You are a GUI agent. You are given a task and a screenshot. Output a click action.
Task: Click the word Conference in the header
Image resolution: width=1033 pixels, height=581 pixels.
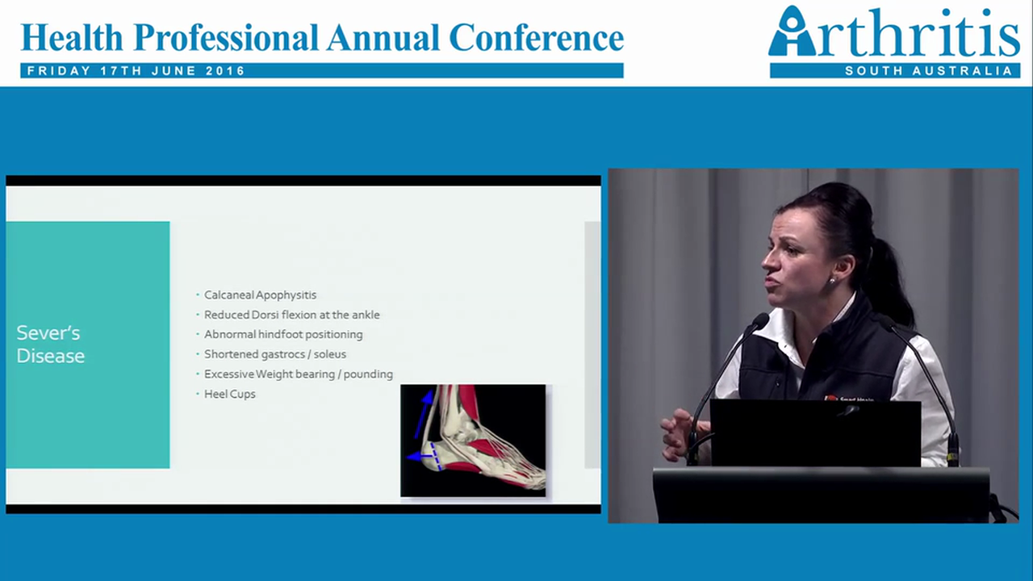point(536,37)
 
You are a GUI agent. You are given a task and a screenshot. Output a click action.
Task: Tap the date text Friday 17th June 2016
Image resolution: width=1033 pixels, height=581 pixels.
point(136,71)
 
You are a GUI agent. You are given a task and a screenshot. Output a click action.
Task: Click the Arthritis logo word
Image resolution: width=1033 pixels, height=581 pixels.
point(894,34)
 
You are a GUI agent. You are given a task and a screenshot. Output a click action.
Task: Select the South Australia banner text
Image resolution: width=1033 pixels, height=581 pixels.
point(928,71)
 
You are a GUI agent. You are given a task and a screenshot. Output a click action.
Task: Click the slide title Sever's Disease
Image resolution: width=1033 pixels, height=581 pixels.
point(50,345)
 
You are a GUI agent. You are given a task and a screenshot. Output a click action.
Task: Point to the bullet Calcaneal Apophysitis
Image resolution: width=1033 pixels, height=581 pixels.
point(260,295)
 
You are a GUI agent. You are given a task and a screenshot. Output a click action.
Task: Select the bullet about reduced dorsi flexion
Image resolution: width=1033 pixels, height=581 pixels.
point(291,315)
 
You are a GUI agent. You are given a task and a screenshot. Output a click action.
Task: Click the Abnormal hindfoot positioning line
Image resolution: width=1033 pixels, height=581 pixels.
point(283,334)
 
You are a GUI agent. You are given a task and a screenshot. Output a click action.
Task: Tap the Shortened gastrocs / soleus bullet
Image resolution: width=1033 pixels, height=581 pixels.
point(274,354)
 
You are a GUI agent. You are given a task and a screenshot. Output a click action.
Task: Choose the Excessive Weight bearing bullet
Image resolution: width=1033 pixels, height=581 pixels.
point(298,374)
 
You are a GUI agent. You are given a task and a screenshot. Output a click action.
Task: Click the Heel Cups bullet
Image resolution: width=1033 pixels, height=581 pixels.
point(229,394)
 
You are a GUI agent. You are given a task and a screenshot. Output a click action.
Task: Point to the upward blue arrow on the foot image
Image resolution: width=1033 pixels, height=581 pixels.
point(423,412)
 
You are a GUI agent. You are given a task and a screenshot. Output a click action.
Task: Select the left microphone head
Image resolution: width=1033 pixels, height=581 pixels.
point(759,320)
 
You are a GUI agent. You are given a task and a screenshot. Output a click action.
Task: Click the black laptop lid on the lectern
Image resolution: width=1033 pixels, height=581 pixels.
point(815,433)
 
